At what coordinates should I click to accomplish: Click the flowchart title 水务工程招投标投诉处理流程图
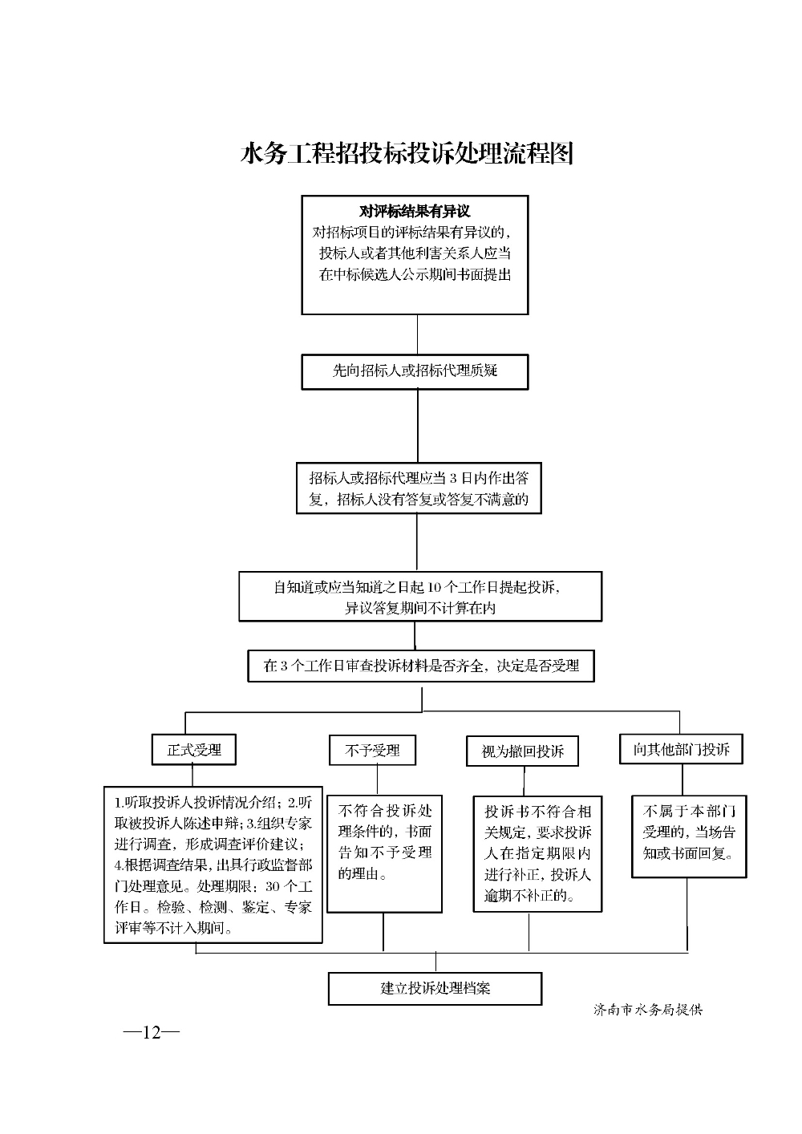click(407, 153)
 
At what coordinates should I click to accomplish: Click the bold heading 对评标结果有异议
click(415, 212)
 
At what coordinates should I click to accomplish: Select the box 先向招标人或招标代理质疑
click(415, 371)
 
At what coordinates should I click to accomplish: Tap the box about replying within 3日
click(419, 488)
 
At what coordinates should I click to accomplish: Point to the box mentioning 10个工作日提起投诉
click(420, 597)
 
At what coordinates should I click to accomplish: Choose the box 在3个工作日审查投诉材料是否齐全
click(421, 666)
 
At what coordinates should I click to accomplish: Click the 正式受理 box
click(194, 749)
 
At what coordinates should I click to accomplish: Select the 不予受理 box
click(372, 750)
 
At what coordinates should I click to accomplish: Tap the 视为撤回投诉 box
click(522, 751)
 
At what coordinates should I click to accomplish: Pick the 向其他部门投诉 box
click(681, 749)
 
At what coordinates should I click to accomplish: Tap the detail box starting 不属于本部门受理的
click(689, 836)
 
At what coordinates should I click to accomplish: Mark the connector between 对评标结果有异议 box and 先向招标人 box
click(417, 334)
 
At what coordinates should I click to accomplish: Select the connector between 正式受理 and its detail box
click(192, 776)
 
